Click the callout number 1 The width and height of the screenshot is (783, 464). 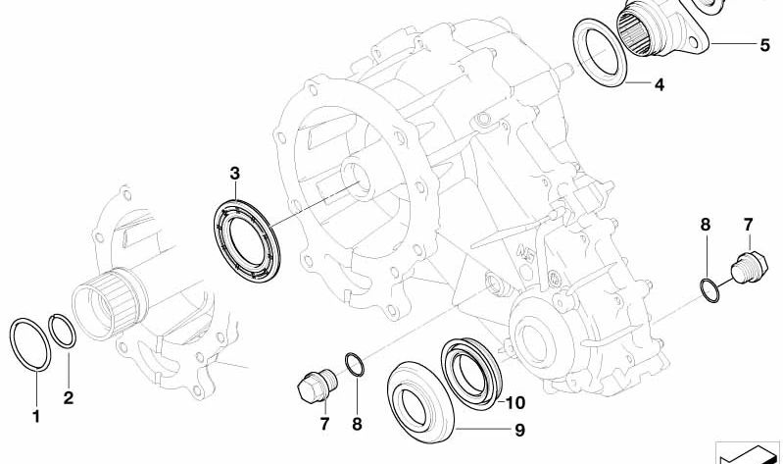[36, 416]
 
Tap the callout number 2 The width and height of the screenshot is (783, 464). [69, 397]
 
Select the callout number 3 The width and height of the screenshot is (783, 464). [234, 174]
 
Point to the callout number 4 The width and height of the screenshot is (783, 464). [660, 85]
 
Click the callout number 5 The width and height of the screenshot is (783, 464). [765, 45]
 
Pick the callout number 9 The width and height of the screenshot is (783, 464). [519, 430]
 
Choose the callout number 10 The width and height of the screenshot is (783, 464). [515, 402]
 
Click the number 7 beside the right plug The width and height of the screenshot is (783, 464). [748, 225]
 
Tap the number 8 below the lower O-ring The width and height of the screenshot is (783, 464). [357, 424]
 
